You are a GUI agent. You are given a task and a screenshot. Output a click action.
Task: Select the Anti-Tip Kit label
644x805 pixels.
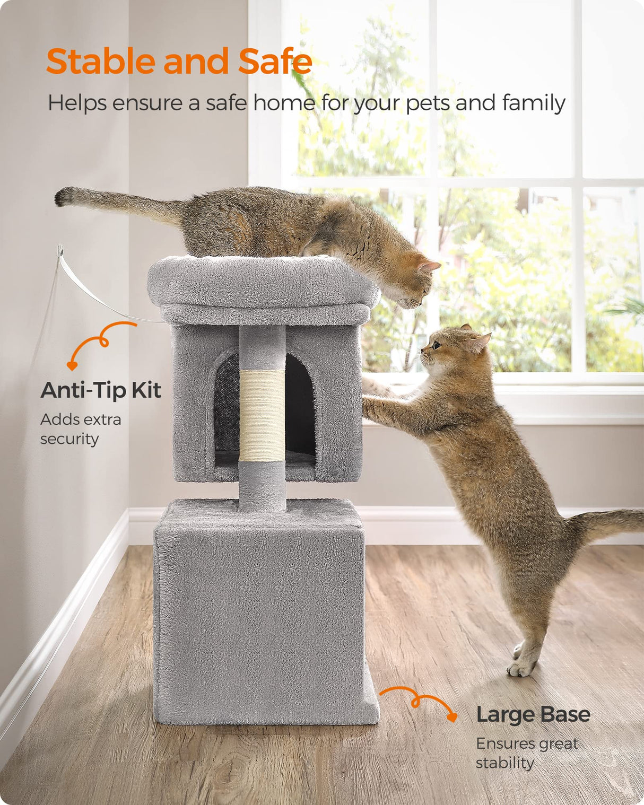pyautogui.click(x=101, y=390)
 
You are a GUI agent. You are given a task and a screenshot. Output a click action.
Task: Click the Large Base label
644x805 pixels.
pyautogui.click(x=533, y=714)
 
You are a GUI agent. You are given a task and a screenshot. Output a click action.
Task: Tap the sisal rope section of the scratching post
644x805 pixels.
pyautogui.click(x=262, y=415)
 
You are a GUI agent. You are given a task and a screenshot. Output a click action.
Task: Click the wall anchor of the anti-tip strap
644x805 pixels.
pyautogui.click(x=60, y=250)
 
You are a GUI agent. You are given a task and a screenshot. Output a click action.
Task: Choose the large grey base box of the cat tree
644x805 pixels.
pyautogui.click(x=260, y=615)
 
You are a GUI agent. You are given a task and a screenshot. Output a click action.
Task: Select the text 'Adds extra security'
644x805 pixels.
pyautogui.click(x=81, y=429)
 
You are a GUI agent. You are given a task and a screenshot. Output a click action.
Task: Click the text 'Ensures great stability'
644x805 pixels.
pyautogui.click(x=526, y=753)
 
